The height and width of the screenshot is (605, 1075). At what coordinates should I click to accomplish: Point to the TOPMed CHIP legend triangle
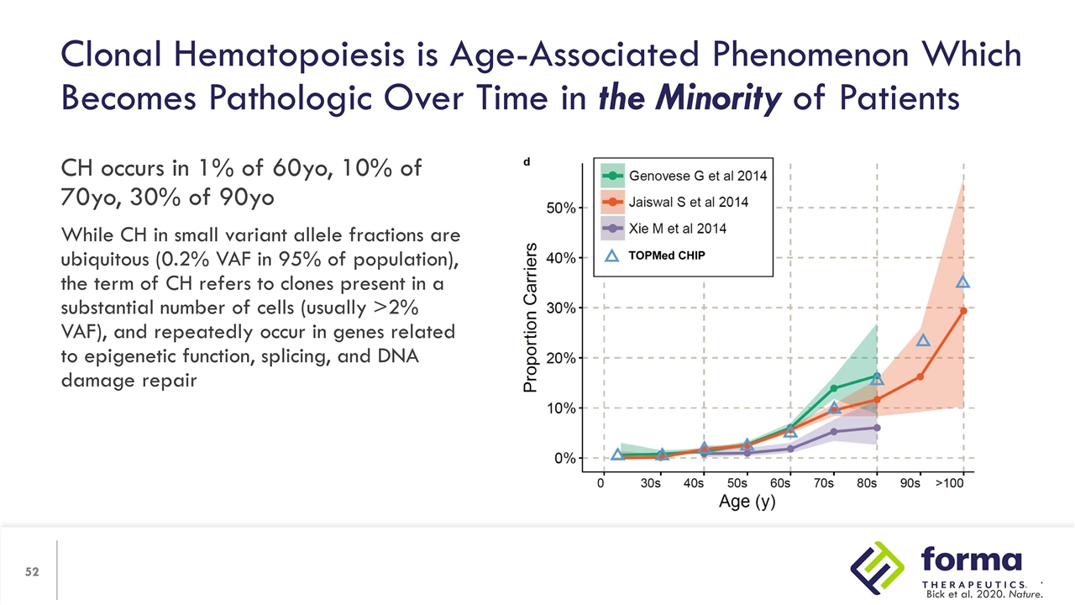(612, 256)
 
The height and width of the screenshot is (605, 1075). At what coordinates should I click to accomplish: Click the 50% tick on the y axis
(561, 208)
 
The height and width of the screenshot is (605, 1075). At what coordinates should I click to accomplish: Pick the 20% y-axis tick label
(561, 358)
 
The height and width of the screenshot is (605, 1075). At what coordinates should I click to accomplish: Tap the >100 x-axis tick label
(951, 484)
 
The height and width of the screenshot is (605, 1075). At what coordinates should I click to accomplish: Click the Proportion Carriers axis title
(530, 318)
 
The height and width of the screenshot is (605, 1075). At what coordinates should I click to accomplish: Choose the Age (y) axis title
(747, 503)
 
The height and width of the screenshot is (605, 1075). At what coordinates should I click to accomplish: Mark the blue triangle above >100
(963, 282)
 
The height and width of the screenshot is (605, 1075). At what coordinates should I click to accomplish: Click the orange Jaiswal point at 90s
(920, 376)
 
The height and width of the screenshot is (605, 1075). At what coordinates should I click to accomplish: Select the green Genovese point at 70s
(833, 388)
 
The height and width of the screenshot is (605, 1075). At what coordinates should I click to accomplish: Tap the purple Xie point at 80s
(877, 428)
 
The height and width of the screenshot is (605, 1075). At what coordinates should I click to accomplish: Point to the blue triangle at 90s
(923, 340)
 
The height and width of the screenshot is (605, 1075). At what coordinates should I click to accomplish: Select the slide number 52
(32, 572)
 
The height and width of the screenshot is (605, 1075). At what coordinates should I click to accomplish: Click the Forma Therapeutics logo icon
(878, 568)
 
